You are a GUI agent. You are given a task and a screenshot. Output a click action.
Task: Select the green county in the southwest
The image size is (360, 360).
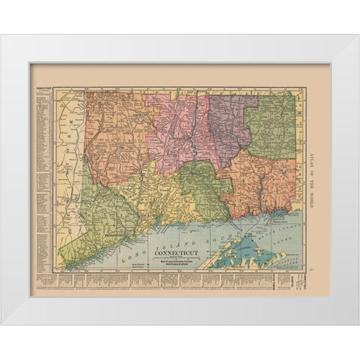[x=105, y=210]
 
